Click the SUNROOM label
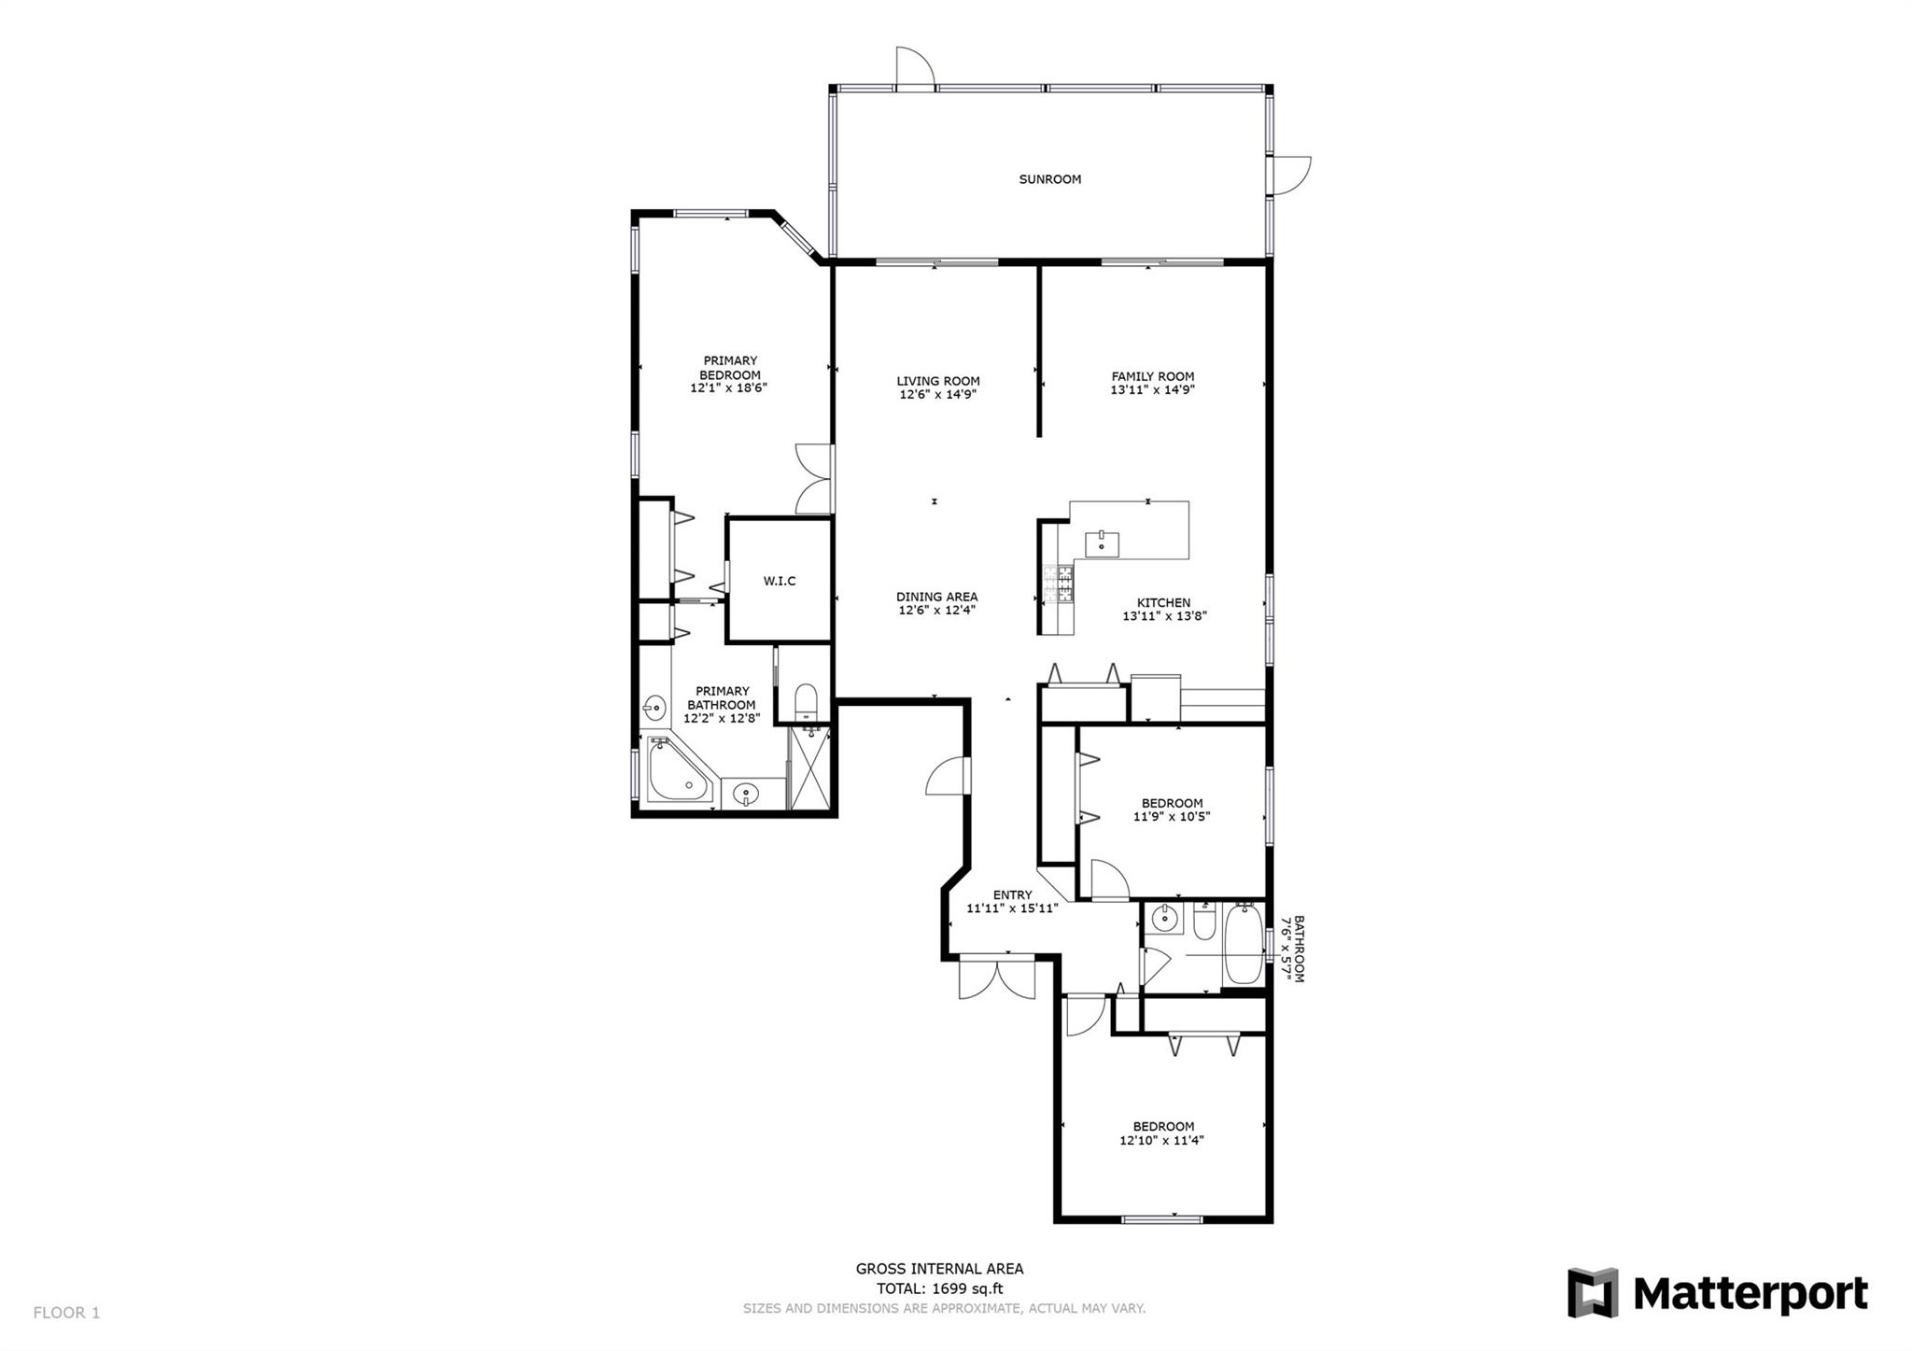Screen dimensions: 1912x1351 click(x=1049, y=179)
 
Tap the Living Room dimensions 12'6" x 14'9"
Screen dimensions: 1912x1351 click(x=938, y=395)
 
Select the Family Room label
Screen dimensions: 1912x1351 click(x=1153, y=376)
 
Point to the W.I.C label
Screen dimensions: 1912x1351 click(x=780, y=581)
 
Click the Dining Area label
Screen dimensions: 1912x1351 click(x=937, y=597)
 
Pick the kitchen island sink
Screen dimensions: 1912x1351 click(x=1102, y=543)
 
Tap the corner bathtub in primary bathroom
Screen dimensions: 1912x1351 click(x=678, y=770)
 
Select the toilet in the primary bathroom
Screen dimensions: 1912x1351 click(x=805, y=702)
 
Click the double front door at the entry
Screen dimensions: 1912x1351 click(x=997, y=977)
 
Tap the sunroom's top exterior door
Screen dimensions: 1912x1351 click(x=914, y=67)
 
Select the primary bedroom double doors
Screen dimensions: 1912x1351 click(x=813, y=479)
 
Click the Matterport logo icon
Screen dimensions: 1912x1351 click(x=1593, y=1292)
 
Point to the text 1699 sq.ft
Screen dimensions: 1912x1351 click(x=965, y=1289)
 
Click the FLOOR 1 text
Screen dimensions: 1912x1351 click(x=66, y=1313)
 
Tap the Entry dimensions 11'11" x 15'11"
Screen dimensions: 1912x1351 click(x=1012, y=908)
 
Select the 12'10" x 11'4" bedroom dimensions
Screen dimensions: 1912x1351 click(x=1162, y=1140)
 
